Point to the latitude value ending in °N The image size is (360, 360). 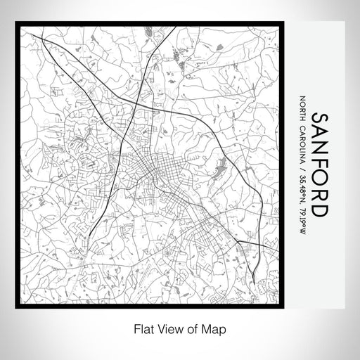pyautogui.click(x=303, y=183)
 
